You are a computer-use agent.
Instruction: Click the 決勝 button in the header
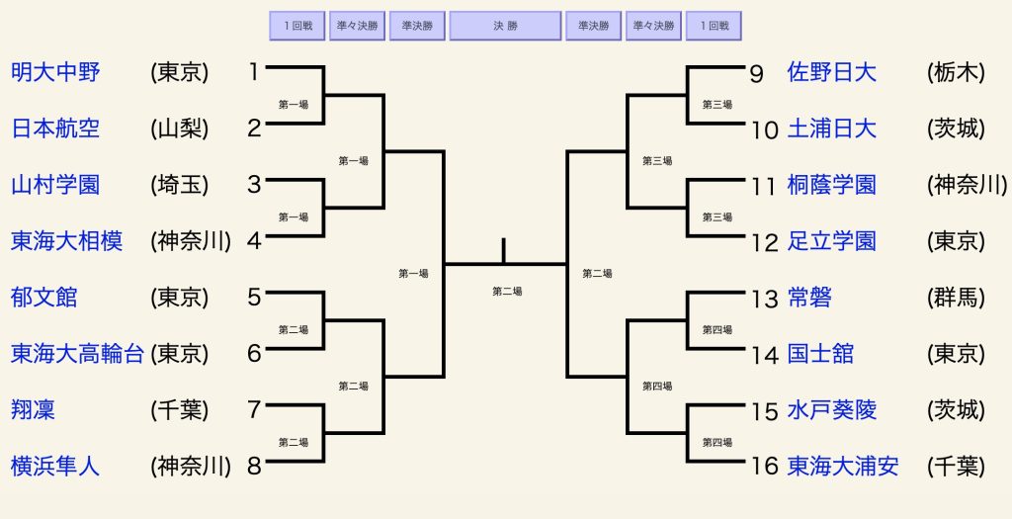pos(505,26)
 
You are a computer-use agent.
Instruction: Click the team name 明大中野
pos(55,71)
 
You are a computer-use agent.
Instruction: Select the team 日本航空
pos(55,128)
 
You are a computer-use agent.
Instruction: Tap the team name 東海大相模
pos(66,241)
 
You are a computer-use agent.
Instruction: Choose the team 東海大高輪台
pos(77,353)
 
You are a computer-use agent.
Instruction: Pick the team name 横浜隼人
pos(55,466)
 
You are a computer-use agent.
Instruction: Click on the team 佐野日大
pos(832,71)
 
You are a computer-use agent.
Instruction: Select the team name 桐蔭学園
pos(832,185)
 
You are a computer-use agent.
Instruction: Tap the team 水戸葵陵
pos(832,409)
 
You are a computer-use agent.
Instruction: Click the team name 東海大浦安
pos(843,466)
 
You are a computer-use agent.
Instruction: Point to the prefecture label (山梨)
pos(180,129)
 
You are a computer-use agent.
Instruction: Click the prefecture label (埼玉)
pos(180,185)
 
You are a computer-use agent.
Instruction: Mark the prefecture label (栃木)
pos(956,72)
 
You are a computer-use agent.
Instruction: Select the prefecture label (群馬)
pos(956,298)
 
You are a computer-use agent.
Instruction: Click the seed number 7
pos(254,409)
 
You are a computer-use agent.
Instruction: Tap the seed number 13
pos(765,299)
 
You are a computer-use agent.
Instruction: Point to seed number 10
pos(765,130)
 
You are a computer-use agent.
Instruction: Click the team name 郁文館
pos(43,297)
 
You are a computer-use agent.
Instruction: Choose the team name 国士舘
pos(820,353)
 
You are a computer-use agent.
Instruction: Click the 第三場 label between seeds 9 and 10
pos(717,105)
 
